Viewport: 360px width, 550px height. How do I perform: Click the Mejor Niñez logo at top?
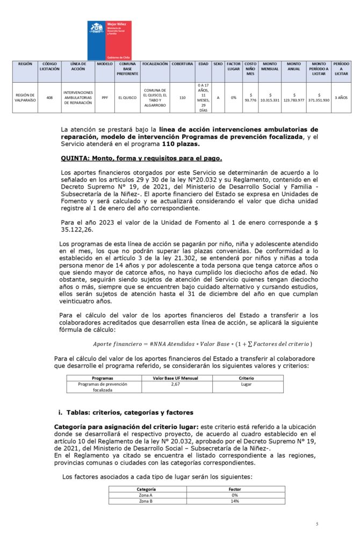click(109, 40)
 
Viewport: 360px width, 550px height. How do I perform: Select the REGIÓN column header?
click(25, 64)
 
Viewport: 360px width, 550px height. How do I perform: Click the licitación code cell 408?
click(49, 98)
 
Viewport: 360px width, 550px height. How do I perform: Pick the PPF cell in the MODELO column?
click(104, 98)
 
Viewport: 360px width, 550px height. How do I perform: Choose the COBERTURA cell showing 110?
click(182, 98)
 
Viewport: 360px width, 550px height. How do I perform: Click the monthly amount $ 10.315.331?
click(270, 98)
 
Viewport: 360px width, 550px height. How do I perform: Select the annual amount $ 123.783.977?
click(294, 98)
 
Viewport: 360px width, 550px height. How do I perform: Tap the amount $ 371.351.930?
click(319, 98)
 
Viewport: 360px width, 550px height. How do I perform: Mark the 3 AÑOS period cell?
click(341, 98)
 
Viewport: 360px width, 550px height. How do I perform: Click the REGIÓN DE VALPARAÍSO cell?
click(25, 98)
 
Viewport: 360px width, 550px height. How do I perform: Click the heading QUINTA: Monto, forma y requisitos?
click(142, 158)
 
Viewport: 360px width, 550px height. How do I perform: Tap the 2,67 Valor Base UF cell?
click(175, 384)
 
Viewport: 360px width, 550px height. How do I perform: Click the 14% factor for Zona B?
click(234, 501)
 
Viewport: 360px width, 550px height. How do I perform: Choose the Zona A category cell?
click(146, 495)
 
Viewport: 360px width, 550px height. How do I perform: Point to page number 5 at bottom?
click(317, 524)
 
